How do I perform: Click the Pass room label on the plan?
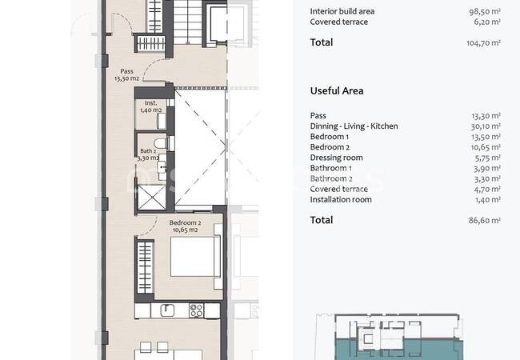126,75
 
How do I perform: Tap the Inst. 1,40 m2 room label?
151,106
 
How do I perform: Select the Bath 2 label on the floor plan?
148,154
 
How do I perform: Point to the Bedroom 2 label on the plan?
185,226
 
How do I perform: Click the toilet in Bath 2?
161,143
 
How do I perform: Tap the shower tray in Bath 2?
151,198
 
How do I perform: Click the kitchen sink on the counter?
167,310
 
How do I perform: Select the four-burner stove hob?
196,310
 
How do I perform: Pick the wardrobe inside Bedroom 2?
146,267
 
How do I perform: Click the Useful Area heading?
337,91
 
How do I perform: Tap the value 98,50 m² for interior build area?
485,12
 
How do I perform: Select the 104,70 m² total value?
483,42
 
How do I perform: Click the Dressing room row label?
336,158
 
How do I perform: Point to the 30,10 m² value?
486,126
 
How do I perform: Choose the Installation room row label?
341,199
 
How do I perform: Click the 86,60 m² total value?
485,221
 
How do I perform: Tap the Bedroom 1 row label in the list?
330,137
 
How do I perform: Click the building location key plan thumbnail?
389,337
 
